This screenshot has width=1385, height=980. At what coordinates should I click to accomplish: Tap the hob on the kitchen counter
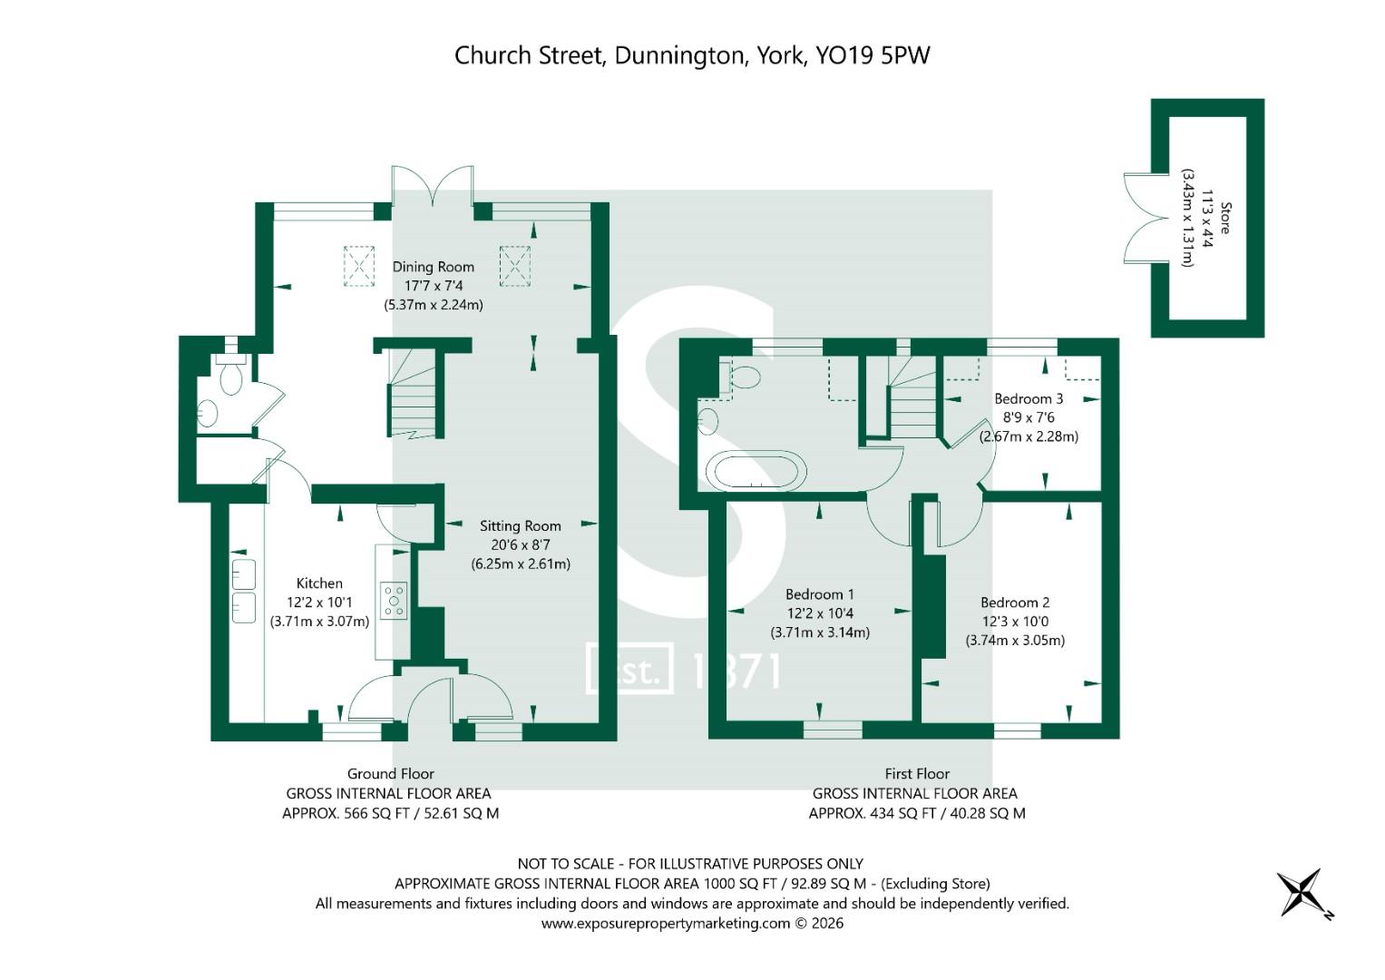pyautogui.click(x=394, y=601)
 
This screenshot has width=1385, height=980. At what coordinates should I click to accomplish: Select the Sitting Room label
pyautogui.click(x=520, y=525)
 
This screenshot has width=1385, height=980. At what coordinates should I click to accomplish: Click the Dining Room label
pyautogui.click(x=433, y=267)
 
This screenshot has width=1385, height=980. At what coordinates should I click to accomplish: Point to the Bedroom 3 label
pyautogui.click(x=1029, y=398)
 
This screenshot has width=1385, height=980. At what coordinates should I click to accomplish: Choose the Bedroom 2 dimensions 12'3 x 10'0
pyautogui.click(x=1015, y=622)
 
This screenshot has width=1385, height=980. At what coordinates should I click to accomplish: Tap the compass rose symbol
pyautogui.click(x=1302, y=893)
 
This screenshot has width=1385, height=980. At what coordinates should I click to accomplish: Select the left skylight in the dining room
pyautogui.click(x=359, y=266)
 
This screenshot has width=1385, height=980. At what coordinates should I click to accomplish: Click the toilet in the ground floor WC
pyautogui.click(x=230, y=375)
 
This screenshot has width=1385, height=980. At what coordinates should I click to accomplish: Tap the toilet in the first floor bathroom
pyautogui.click(x=744, y=377)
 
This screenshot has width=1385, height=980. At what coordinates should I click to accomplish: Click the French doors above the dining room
pyautogui.click(x=433, y=188)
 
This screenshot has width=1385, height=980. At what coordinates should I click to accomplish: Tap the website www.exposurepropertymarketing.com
pyautogui.click(x=666, y=924)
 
